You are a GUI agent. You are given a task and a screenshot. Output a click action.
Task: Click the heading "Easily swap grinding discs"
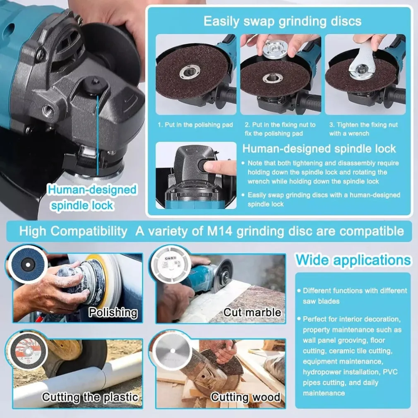282,22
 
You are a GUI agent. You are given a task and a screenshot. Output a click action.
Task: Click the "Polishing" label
113,312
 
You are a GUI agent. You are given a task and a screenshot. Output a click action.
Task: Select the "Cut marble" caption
252,312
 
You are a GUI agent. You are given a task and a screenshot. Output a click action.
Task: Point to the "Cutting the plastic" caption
90,397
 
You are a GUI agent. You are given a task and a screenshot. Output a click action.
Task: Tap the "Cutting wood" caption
245,397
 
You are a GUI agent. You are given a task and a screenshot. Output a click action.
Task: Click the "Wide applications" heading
353,260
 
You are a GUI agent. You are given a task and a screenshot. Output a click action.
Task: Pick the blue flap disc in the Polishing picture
27,264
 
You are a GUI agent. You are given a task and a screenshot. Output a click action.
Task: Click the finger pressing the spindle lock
220,168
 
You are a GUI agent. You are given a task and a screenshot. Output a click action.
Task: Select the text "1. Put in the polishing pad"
195,125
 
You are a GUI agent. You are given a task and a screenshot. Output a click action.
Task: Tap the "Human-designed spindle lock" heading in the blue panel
319,149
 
